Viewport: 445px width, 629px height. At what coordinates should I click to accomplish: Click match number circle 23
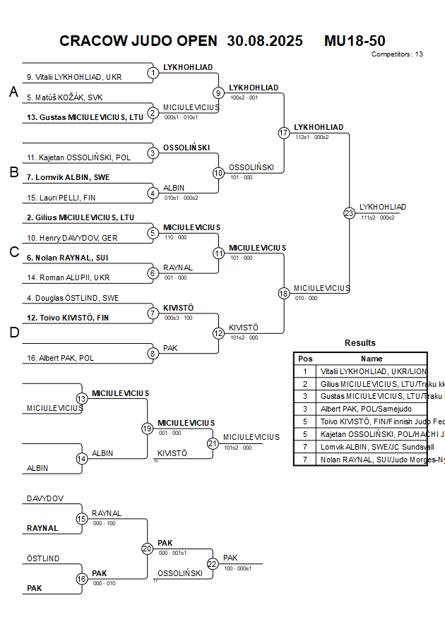pyautogui.click(x=349, y=212)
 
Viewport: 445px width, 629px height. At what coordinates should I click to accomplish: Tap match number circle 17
pyautogui.click(x=284, y=133)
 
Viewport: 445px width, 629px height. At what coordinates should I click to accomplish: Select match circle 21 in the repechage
pyautogui.click(x=213, y=443)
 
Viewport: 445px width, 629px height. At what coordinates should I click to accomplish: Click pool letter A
pyautogui.click(x=13, y=92)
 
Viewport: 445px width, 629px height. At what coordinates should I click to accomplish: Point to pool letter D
pyautogui.click(x=13, y=333)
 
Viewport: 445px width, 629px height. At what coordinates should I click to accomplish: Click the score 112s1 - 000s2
pyautogui.click(x=311, y=136)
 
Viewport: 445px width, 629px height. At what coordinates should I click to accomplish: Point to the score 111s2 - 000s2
pyautogui.click(x=377, y=217)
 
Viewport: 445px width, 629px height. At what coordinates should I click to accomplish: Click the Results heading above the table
pyautogui.click(x=360, y=343)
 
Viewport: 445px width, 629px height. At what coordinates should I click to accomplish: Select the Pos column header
pyautogui.click(x=305, y=359)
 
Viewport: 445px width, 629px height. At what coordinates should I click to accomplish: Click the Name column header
pyautogui.click(x=372, y=359)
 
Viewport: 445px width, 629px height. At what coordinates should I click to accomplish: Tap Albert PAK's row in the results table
pyautogui.click(x=360, y=409)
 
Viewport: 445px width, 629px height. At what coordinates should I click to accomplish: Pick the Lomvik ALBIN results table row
pyautogui.click(x=360, y=447)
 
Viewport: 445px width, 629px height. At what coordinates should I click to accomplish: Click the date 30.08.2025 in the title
pyautogui.click(x=265, y=41)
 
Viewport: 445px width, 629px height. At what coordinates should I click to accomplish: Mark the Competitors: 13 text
pyautogui.click(x=397, y=54)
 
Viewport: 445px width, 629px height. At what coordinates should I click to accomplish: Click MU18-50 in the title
pyautogui.click(x=355, y=41)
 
